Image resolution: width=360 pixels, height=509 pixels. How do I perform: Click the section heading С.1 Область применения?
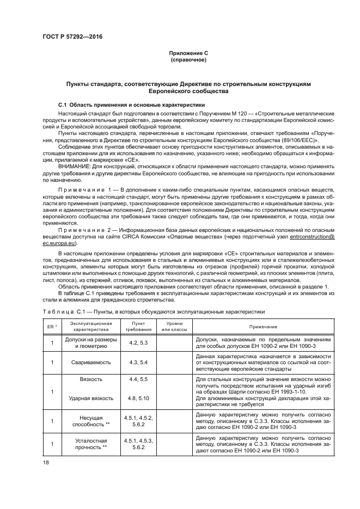pos(131,104)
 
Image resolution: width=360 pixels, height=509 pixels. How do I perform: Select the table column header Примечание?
pos(264,326)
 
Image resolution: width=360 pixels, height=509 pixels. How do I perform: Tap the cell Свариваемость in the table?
pos(84,361)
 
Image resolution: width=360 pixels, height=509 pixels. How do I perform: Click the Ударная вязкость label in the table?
pos(84,398)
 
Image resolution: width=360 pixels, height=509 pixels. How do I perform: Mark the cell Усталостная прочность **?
pos(84,444)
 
